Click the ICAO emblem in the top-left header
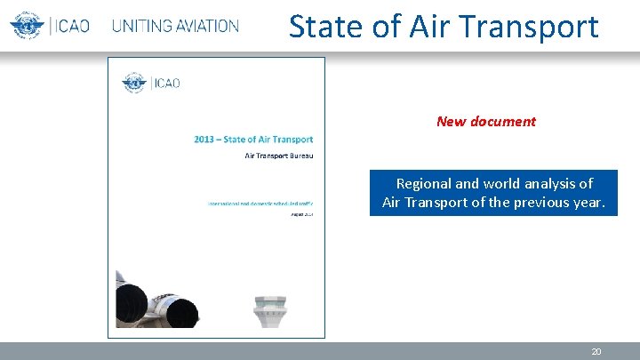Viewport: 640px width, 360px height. pyautogui.click(x=27, y=25)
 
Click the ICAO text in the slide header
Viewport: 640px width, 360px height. pyautogui.click(x=70, y=26)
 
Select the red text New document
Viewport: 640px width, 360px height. pyautogui.click(x=486, y=122)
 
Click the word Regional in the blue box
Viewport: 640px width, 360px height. pyautogui.click(x=423, y=184)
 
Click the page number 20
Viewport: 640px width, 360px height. pyautogui.click(x=596, y=352)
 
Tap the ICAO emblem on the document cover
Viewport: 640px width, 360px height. pyautogui.click(x=135, y=84)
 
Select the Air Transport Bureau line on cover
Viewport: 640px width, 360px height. pyautogui.click(x=279, y=156)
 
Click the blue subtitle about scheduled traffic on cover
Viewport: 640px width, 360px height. pyautogui.click(x=260, y=204)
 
